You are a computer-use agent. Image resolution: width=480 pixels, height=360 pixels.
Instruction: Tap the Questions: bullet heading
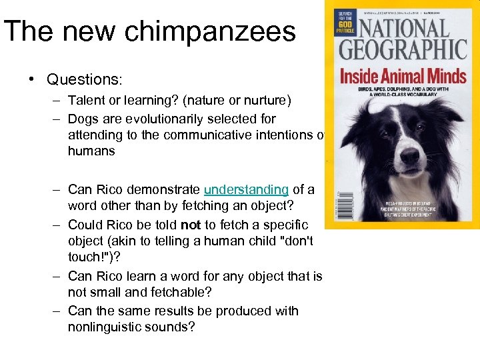coord(84,80)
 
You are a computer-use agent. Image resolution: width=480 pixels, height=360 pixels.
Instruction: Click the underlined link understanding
coord(247,189)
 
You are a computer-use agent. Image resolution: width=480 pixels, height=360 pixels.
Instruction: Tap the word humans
coord(91,151)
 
